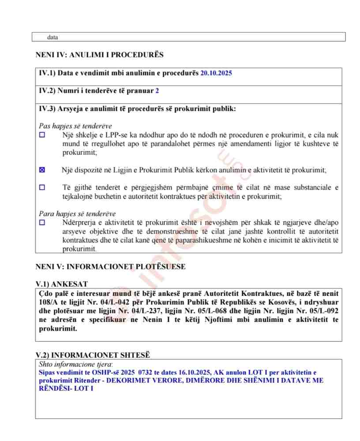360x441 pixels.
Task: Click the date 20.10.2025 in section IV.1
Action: point(216,73)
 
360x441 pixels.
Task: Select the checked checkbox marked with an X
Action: point(42,170)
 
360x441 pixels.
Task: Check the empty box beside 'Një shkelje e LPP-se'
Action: point(42,135)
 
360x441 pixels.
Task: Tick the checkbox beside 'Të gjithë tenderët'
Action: point(42,187)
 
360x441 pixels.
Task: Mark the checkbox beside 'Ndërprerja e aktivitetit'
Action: point(42,223)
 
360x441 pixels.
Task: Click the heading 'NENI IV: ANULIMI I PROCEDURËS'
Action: point(99,55)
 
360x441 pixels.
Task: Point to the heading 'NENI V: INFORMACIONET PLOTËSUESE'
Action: point(110,267)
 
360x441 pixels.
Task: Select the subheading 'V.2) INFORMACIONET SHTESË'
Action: point(93,355)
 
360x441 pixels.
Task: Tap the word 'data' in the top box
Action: point(52,37)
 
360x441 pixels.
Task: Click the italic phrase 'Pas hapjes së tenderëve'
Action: point(75,126)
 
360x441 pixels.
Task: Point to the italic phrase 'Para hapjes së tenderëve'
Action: point(77,214)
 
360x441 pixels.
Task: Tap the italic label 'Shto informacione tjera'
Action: point(75,364)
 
